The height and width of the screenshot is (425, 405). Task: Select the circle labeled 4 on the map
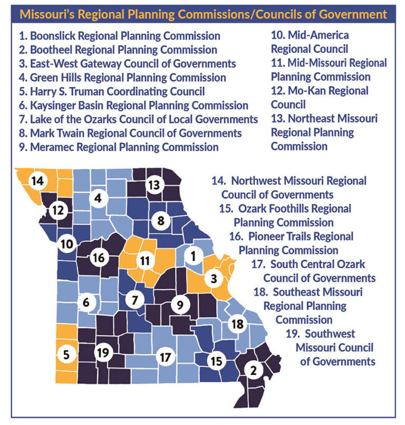pos(98,199)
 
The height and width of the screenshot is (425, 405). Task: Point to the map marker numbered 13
pos(153,185)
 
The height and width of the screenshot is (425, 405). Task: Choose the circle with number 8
pos(161,220)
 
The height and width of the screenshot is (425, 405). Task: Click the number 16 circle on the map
pos(99,258)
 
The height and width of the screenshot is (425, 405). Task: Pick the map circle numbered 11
pos(144,260)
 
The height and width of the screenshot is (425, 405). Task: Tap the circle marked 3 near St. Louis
pos(214,278)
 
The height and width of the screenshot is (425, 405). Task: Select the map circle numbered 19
pos(102,352)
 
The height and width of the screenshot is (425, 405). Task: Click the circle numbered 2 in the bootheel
pos(254,370)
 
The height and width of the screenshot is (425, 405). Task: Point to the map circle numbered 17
pos(165,357)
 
